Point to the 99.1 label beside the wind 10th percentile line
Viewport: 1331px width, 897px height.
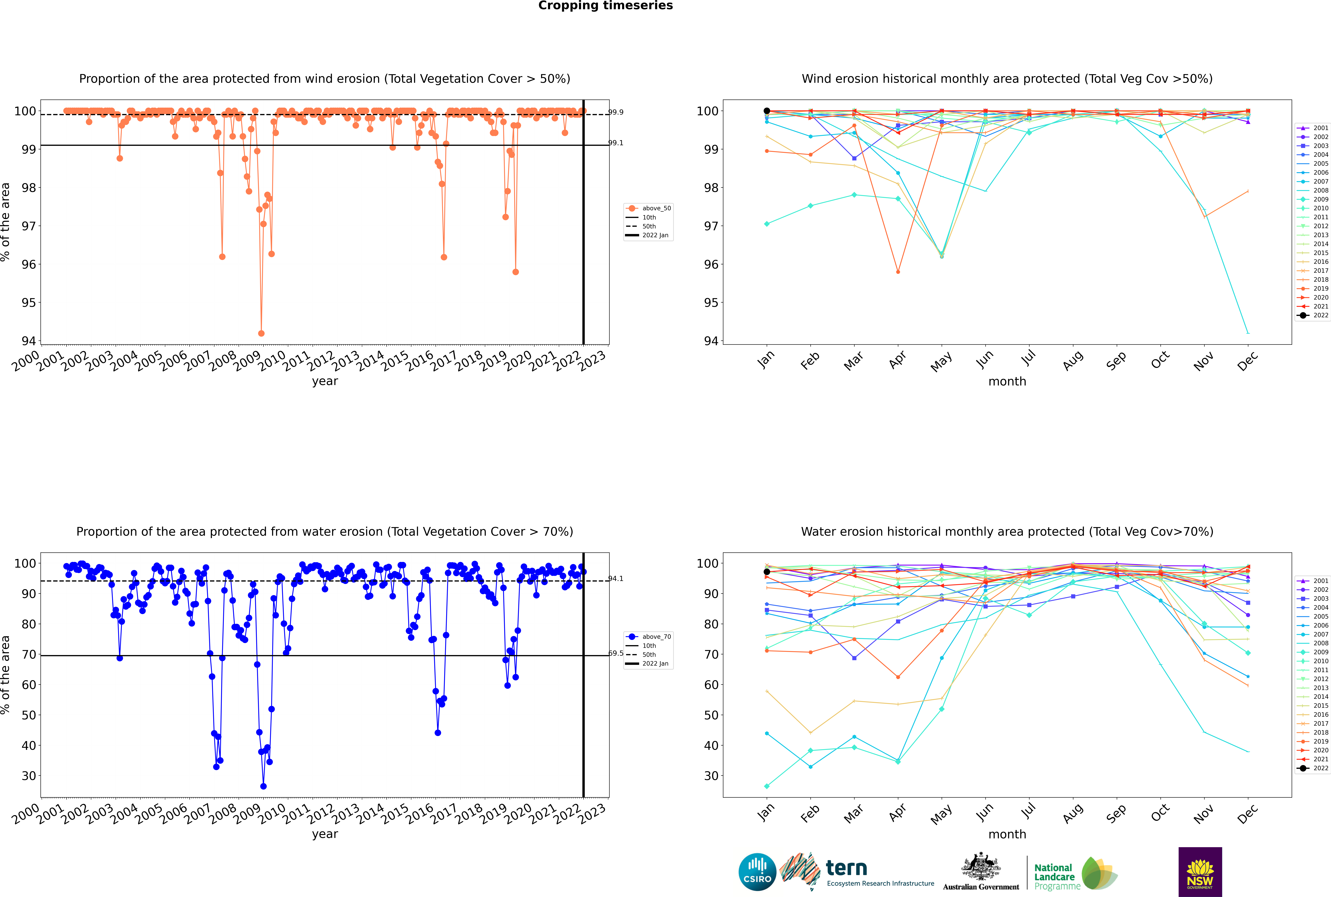pyautogui.click(x=616, y=143)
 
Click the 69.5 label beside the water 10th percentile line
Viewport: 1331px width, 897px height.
pyautogui.click(x=616, y=653)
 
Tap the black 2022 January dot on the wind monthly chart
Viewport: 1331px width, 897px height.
pyautogui.click(x=767, y=111)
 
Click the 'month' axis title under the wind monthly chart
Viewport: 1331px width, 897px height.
pyautogui.click(x=1007, y=382)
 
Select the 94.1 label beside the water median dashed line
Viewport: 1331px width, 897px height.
pyautogui.click(x=616, y=579)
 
